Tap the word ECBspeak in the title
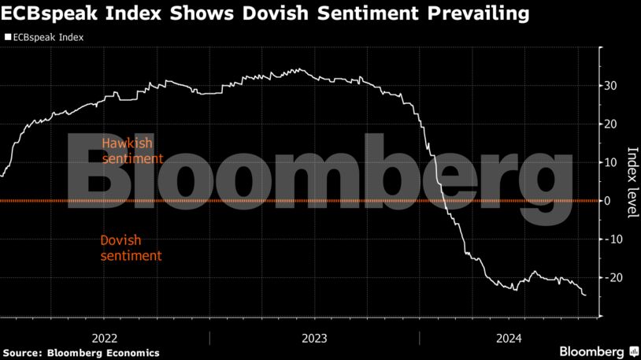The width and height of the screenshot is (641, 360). pos(45,13)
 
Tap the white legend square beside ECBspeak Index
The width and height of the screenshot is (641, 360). pos(8,37)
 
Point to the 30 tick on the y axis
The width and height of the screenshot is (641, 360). pos(610,86)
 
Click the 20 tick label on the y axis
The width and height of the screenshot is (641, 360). pos(610,124)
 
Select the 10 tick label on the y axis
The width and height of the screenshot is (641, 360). pos(610,162)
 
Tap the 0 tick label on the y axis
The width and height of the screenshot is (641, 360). pos(607,201)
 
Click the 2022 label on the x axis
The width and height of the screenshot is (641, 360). pos(106,338)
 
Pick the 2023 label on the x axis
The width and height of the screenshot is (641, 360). pos(315,338)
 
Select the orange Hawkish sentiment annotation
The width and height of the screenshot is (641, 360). pos(132,150)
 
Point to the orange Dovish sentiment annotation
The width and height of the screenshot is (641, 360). pos(132,248)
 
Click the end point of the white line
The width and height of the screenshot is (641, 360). pos(585,295)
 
